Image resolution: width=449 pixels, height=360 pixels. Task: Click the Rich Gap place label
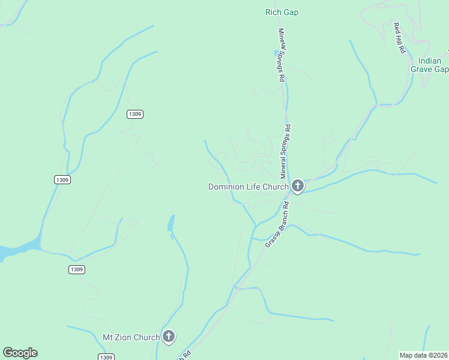coord(282,12)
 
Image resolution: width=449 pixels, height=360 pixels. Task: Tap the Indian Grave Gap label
coord(429,65)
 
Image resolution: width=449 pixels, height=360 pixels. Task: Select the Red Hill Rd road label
coord(398,38)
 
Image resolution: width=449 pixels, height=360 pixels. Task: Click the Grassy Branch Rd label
coord(277,226)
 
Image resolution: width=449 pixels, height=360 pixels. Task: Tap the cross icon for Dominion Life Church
coord(297,187)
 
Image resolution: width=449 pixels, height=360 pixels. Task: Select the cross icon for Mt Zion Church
coord(169,337)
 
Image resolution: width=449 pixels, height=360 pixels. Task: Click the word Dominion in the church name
coord(226,187)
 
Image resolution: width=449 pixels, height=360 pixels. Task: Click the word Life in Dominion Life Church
coord(255,187)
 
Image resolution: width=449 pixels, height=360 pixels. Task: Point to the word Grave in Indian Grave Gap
coord(421,69)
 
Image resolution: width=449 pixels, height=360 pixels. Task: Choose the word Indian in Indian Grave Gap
coord(429,61)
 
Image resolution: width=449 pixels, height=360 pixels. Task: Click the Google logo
coord(20,353)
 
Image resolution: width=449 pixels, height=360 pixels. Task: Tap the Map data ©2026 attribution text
coord(424,355)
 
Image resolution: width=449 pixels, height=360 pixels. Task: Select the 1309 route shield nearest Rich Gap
coord(135,114)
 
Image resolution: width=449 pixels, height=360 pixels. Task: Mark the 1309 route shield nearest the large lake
coord(76,269)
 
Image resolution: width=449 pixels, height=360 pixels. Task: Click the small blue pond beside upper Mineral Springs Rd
coord(276,53)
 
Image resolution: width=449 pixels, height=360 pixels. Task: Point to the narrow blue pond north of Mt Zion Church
coord(172,224)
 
